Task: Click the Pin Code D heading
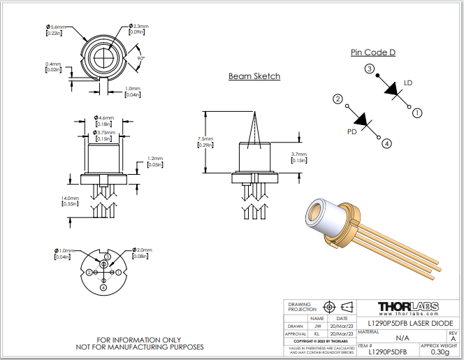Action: pyautogui.click(x=373, y=52)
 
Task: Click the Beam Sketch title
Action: pyautogui.click(x=254, y=76)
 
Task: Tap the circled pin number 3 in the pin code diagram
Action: pyautogui.click(x=368, y=69)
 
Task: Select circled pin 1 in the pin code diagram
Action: pyautogui.click(x=417, y=112)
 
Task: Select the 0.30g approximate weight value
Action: pyautogui.click(x=440, y=352)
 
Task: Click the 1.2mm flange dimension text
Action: pyautogui.click(x=154, y=159)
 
